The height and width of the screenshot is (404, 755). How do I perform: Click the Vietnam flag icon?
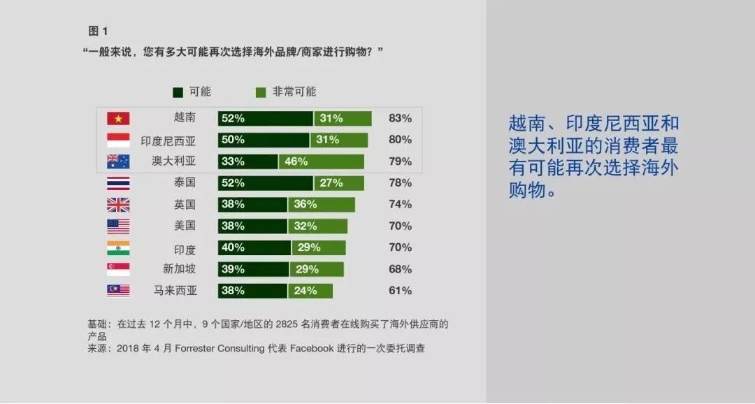pyautogui.click(x=118, y=118)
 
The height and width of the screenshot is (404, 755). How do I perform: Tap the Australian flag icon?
pyautogui.click(x=118, y=161)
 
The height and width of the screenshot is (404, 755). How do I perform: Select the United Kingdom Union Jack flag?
pyautogui.click(x=118, y=205)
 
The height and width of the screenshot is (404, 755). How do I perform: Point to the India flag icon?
pyautogui.click(x=118, y=247)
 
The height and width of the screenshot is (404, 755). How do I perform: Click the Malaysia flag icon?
pyautogui.click(x=118, y=290)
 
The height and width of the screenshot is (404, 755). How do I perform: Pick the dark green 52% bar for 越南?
pyautogui.click(x=266, y=118)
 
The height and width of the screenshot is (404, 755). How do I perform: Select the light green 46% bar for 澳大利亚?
pyautogui.click(x=321, y=161)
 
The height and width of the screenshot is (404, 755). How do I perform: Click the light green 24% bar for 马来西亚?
pyautogui.click(x=310, y=291)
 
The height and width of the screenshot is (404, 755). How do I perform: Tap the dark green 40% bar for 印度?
pyautogui.click(x=254, y=247)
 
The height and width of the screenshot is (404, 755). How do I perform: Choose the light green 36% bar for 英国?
pyautogui.click(x=321, y=205)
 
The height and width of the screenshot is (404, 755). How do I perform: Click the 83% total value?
pyautogui.click(x=400, y=118)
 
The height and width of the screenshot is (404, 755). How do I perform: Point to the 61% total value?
pyautogui.click(x=400, y=291)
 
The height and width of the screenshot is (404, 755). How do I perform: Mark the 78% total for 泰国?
pyautogui.click(x=400, y=183)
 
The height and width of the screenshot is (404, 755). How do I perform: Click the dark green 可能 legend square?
pyautogui.click(x=178, y=92)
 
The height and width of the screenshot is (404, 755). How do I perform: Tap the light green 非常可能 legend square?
pyautogui.click(x=261, y=92)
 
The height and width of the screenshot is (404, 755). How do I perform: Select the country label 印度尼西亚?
pyautogui.click(x=168, y=141)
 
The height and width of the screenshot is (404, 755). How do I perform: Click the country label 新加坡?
pyautogui.click(x=179, y=268)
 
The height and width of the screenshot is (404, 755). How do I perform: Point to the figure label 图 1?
pyautogui.click(x=99, y=31)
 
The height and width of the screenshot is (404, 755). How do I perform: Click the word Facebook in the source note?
pyautogui.click(x=312, y=348)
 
